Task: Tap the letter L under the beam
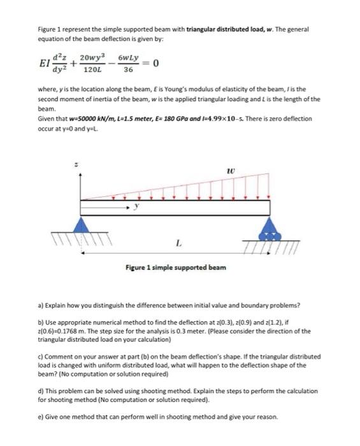coord(177,241)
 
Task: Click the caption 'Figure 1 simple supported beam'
coord(175,267)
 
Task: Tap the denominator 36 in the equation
coord(128,69)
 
